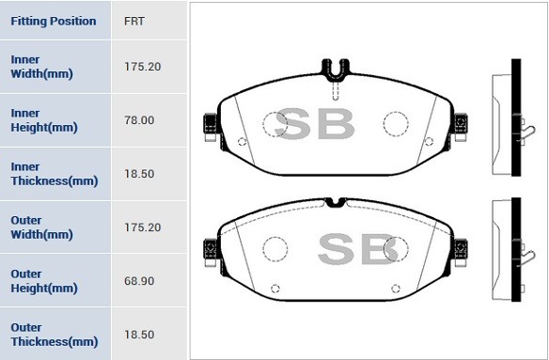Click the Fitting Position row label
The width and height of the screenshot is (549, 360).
tap(53, 21)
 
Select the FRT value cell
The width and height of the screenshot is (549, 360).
tap(134, 21)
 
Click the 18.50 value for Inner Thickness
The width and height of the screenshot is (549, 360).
tap(138, 174)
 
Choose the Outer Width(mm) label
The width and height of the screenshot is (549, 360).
tap(41, 227)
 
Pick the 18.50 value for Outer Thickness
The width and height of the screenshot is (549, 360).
tap(138, 335)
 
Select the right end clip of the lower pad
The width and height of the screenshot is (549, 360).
tap(460, 248)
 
